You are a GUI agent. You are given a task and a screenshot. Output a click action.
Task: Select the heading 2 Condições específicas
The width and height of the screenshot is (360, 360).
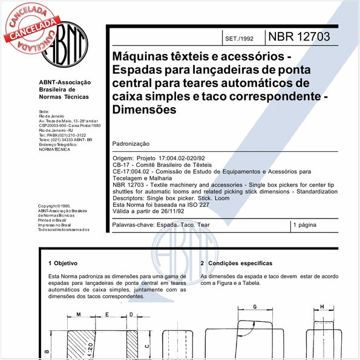pyautogui.click(x=236, y=263)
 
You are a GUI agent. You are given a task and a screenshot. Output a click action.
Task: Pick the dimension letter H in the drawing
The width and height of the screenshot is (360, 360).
pyautogui.click(x=322, y=307)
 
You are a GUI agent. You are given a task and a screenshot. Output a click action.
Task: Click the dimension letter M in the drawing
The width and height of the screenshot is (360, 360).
pyautogui.click(x=79, y=315)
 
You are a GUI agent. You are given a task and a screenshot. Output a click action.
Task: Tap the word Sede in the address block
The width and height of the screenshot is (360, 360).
pyautogui.click(x=44, y=112)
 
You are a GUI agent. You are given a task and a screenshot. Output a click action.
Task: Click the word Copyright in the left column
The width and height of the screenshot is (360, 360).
pyautogui.click(x=49, y=206)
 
